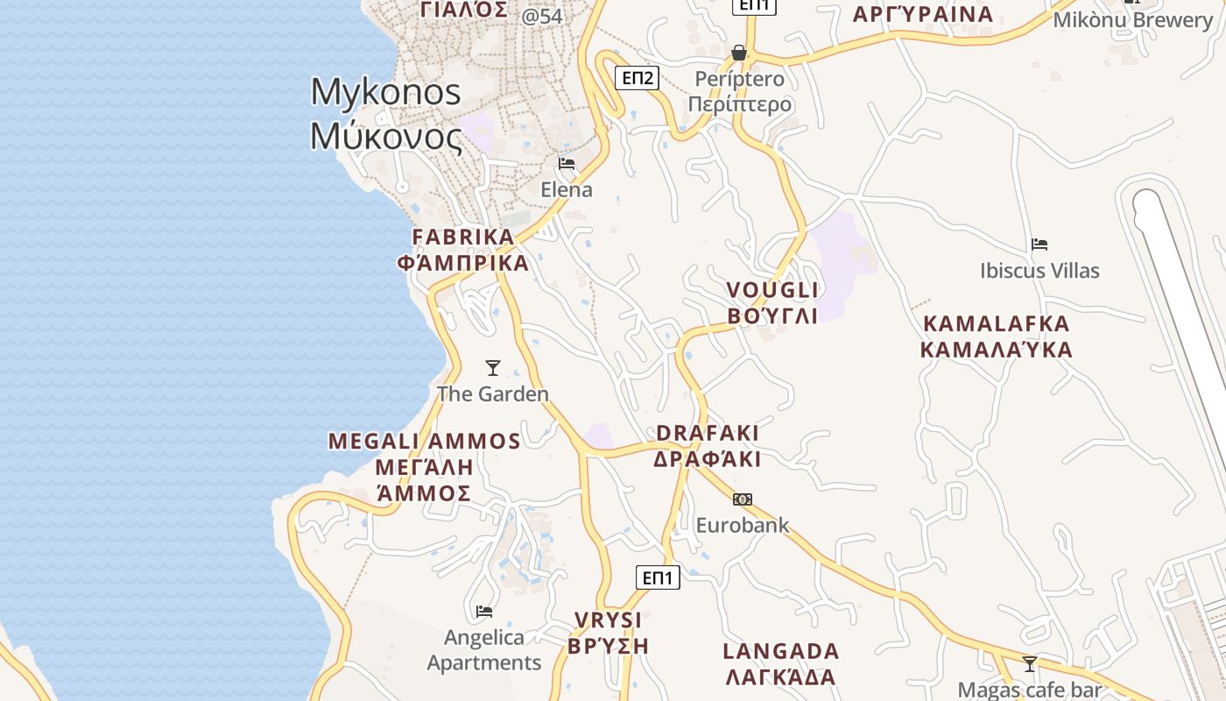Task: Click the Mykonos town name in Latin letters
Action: point(385,92)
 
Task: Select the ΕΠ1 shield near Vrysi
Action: point(658,577)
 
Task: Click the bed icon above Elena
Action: point(567,163)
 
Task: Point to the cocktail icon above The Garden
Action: point(493,368)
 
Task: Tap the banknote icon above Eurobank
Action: point(743,499)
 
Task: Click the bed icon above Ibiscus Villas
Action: point(1039,244)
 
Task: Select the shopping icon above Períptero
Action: point(739,53)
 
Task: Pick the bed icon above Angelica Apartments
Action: point(483,611)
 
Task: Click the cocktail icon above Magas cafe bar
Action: point(1030,663)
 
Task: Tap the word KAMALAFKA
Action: point(997,324)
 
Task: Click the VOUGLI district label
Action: point(772,290)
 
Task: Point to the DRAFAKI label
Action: point(708,433)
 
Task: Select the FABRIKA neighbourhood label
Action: point(463,237)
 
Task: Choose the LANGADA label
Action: point(781,651)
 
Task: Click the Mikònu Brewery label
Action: point(1132,19)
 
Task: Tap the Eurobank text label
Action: point(743,526)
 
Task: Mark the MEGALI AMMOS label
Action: point(425,441)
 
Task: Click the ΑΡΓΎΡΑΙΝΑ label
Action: point(923,14)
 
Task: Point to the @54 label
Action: point(542,16)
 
